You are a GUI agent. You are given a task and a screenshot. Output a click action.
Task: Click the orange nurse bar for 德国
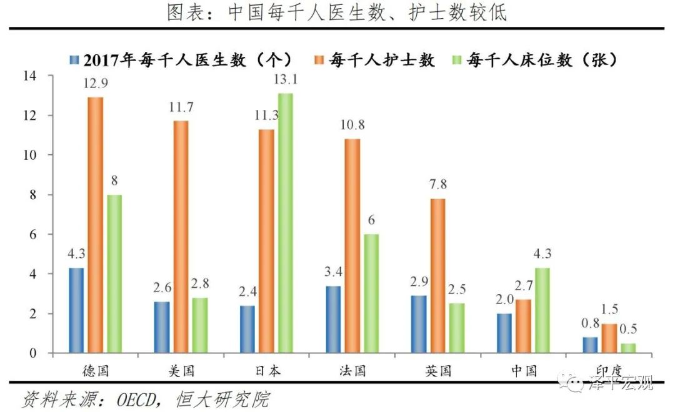(x=95, y=225)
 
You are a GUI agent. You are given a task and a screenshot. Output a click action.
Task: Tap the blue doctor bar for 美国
(x=162, y=327)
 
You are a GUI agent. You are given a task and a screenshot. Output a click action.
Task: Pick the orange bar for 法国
(x=352, y=246)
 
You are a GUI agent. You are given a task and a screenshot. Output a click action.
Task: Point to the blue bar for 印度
(x=589, y=345)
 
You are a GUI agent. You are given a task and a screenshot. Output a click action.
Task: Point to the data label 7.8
(x=439, y=184)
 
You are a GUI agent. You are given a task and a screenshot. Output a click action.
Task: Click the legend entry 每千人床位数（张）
(x=538, y=61)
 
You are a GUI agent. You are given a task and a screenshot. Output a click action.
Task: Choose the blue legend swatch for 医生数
(x=74, y=61)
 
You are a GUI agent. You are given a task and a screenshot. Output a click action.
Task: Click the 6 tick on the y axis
(x=32, y=234)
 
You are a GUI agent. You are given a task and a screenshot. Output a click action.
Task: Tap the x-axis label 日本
(x=267, y=370)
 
